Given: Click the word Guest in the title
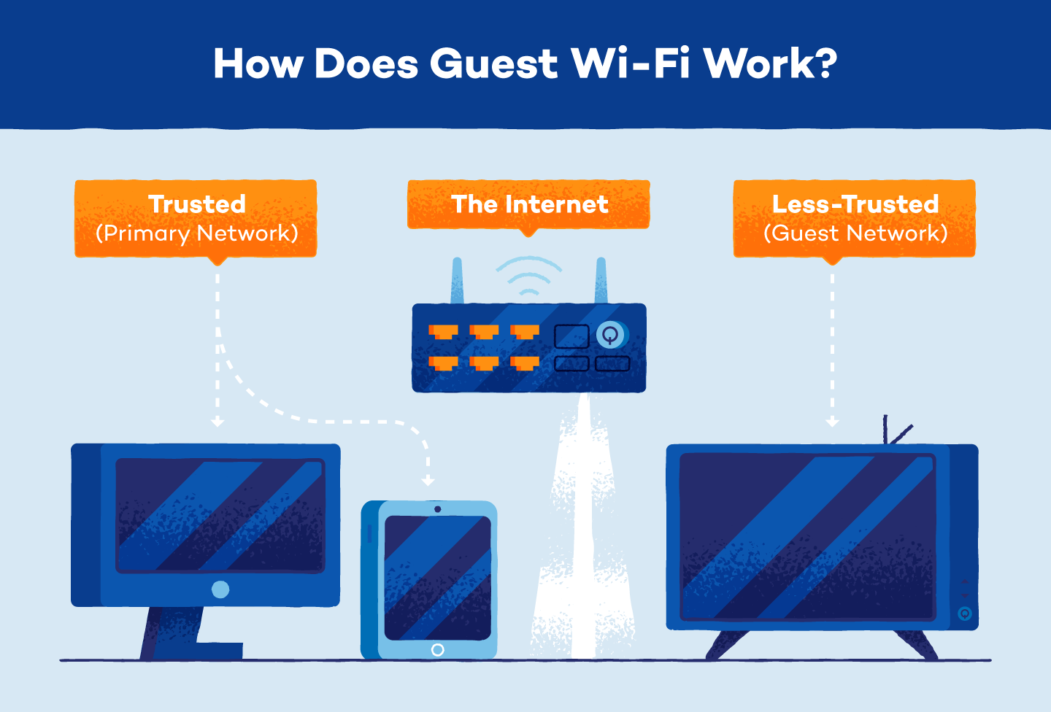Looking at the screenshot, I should (493, 64).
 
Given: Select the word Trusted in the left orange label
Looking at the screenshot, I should (196, 204).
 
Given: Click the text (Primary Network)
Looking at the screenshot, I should (196, 233).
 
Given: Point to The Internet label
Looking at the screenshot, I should (529, 204).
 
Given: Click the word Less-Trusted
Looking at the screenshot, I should (855, 204).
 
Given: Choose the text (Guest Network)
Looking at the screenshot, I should (855, 233).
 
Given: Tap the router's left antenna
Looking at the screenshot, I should (457, 282).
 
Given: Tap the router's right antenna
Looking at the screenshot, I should (601, 282).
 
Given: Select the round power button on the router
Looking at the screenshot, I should (610, 335).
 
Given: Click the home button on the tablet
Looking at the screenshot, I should (437, 649).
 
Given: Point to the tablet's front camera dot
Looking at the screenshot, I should (437, 509).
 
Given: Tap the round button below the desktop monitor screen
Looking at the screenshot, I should (220, 589).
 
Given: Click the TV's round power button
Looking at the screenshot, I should (964, 614).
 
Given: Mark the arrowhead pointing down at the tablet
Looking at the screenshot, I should (428, 481).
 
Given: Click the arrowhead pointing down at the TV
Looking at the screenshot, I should (832, 422).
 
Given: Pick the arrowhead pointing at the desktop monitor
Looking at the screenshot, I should (217, 422).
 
